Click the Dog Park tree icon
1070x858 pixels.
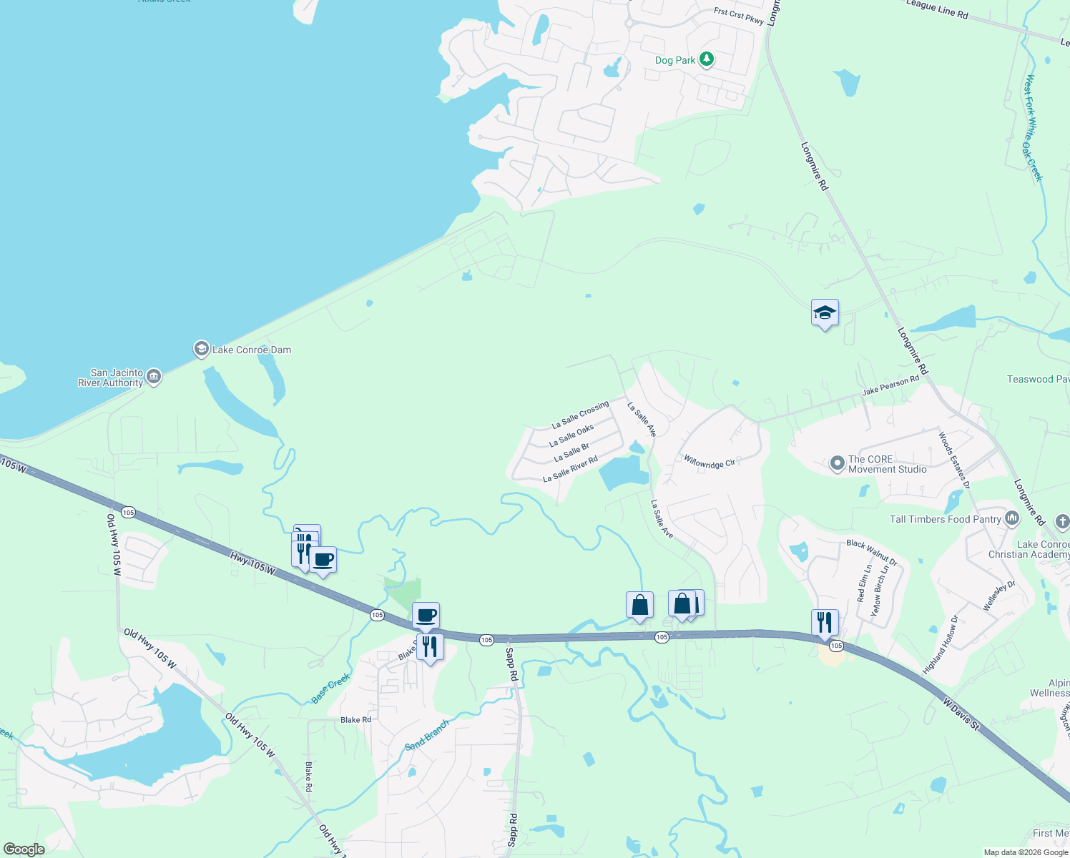coord(707,59)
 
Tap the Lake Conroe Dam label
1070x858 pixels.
coord(252,350)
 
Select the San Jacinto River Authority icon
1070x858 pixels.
coord(154,376)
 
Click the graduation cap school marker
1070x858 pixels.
coord(825,312)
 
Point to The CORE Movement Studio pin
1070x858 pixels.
coord(838,464)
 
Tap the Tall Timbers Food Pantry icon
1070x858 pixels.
coord(1012,518)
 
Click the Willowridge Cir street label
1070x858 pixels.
coord(710,462)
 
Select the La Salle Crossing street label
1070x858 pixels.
coord(580,415)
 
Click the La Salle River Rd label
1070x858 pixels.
coord(570,469)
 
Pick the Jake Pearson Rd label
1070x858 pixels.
coord(890,386)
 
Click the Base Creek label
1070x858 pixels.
coord(331,688)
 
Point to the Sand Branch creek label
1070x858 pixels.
coord(427,735)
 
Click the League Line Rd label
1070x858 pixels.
coord(937,9)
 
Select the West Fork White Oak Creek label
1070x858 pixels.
coord(1034,129)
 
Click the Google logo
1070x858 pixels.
coord(24,849)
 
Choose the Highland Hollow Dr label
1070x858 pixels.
coord(939,644)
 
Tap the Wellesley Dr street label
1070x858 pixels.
coord(999,596)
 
